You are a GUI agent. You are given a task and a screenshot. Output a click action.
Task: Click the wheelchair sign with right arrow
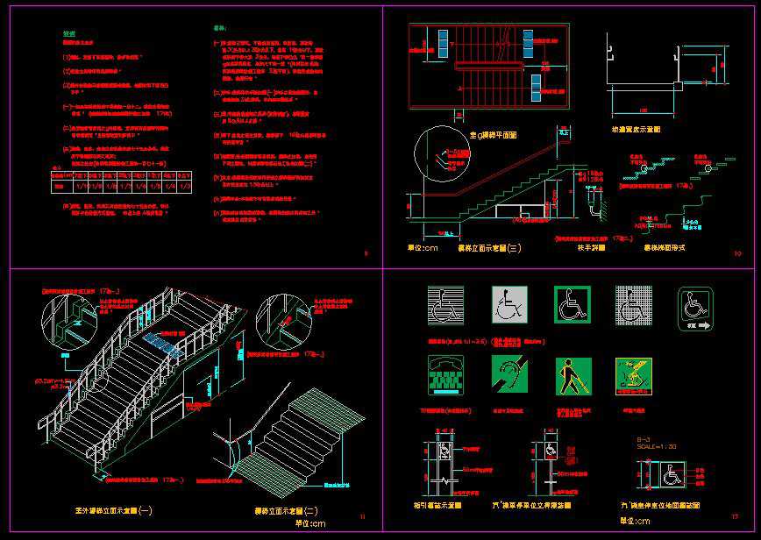point(694,308)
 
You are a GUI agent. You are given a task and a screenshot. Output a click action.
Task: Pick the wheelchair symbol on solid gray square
point(509,304)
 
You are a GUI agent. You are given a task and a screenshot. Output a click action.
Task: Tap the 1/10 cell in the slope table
point(81,186)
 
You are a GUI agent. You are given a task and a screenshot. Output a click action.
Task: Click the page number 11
point(363,518)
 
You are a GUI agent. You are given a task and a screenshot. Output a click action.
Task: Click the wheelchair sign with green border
point(572,304)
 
